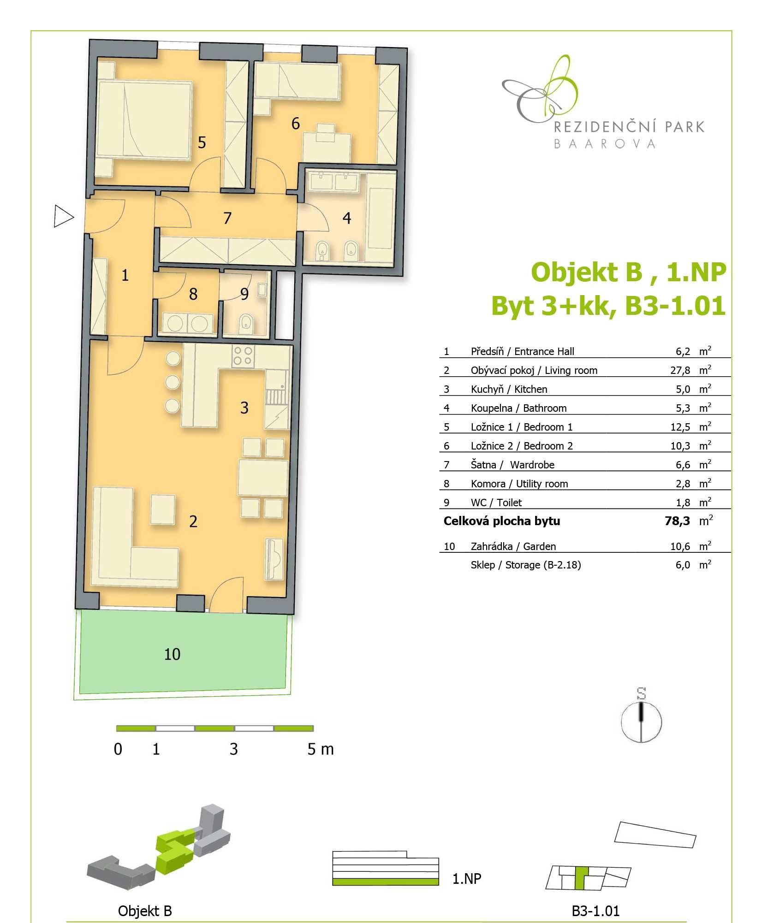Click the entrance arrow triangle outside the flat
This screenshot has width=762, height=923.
click(x=63, y=216)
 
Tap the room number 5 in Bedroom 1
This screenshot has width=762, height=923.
click(x=202, y=142)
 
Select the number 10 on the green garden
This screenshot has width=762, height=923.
click(x=172, y=654)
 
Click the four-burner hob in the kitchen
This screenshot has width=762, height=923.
click(x=243, y=355)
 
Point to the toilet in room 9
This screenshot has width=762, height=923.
click(x=246, y=324)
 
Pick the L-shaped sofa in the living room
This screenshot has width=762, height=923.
click(x=135, y=537)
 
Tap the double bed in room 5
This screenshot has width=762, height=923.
click(x=143, y=121)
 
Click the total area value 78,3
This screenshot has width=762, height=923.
click(x=677, y=521)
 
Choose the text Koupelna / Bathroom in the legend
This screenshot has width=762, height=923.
click(x=518, y=408)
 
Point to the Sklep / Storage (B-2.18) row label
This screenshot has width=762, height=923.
click(x=526, y=565)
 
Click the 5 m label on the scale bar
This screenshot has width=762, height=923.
click(x=321, y=749)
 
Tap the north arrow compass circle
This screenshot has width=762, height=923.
click(x=641, y=722)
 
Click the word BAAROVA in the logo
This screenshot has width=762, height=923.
click(x=604, y=144)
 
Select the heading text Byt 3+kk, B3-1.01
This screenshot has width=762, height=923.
click(x=608, y=306)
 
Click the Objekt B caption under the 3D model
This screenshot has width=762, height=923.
click(x=145, y=911)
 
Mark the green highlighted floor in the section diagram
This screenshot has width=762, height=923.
click(x=385, y=882)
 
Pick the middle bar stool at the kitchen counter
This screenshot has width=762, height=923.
click(x=173, y=382)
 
